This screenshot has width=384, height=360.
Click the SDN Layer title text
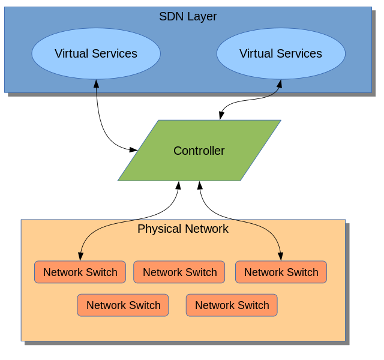(x=188, y=16)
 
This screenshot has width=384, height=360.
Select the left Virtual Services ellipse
(x=96, y=53)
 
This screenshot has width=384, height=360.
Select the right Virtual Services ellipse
(x=281, y=53)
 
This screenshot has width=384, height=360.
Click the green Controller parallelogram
(x=199, y=151)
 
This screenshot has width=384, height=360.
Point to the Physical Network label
(x=183, y=229)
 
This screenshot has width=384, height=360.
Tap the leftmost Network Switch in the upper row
(x=80, y=272)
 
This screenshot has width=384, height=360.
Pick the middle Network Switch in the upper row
(x=179, y=272)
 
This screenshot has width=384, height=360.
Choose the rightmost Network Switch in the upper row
(x=281, y=272)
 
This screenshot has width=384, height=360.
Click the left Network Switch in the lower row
(x=123, y=305)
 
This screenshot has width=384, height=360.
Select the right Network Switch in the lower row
(x=232, y=305)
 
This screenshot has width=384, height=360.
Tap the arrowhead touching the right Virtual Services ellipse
(x=280, y=83)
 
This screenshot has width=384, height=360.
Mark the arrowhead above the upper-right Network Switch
(x=280, y=256)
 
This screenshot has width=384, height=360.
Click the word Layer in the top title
(x=202, y=16)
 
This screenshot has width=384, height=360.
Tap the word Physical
(x=159, y=229)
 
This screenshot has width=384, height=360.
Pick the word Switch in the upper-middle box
(x=200, y=272)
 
